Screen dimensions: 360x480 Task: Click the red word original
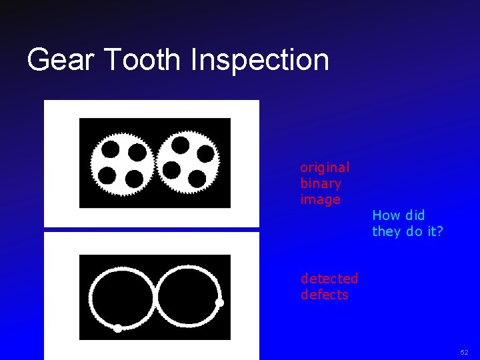coord(325,167)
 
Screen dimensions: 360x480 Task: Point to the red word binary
coord(321,183)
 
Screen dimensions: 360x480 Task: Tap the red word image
coord(321,199)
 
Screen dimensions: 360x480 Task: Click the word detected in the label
coord(329,279)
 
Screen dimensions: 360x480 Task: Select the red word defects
coord(325,295)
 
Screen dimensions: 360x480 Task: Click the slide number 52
coord(464,351)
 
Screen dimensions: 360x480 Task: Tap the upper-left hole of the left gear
coord(111,149)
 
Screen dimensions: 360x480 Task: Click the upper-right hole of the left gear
coord(137,153)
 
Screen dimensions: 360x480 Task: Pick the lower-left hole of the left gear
coord(107,175)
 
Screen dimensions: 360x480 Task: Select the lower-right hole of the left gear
coord(134,179)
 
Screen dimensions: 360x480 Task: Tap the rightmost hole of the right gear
coord(206,154)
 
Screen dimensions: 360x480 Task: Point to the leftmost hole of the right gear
coord(172,170)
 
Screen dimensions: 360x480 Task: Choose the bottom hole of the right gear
coord(197,179)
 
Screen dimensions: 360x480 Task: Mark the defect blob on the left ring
coord(118,328)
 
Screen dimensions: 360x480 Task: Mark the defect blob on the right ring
coord(219,303)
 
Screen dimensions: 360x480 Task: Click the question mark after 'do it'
coord(439,231)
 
